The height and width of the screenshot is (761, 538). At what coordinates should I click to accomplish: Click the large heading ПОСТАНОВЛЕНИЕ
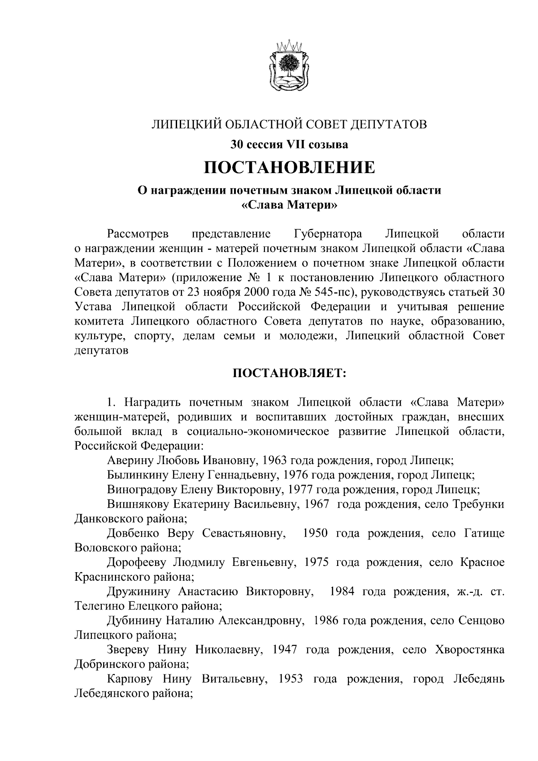pyautogui.click(x=289, y=167)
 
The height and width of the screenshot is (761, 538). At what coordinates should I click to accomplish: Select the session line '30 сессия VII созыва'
pyautogui.click(x=289, y=144)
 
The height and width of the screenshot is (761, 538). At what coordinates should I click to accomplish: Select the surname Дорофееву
pyautogui.click(x=137, y=562)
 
